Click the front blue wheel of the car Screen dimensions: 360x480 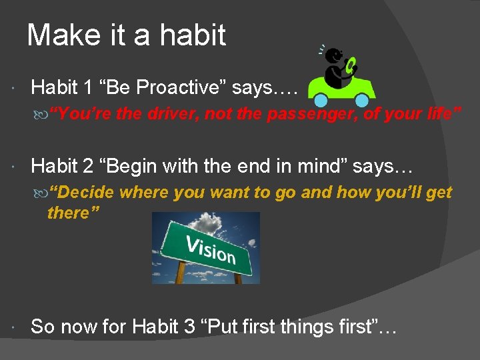pos(362,101)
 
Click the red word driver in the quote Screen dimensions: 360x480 pos(173,114)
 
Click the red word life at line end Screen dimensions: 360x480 pos(437,114)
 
